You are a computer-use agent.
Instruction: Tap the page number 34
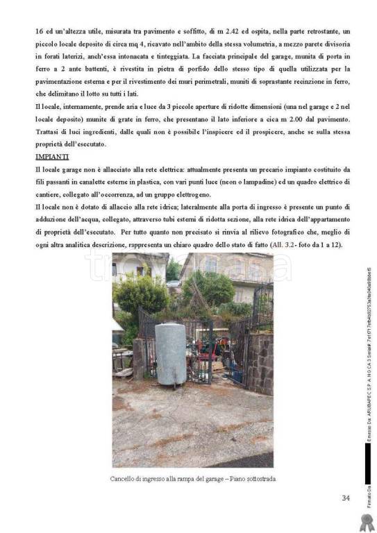coord(346,497)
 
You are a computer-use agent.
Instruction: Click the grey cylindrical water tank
coord(170,353)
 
